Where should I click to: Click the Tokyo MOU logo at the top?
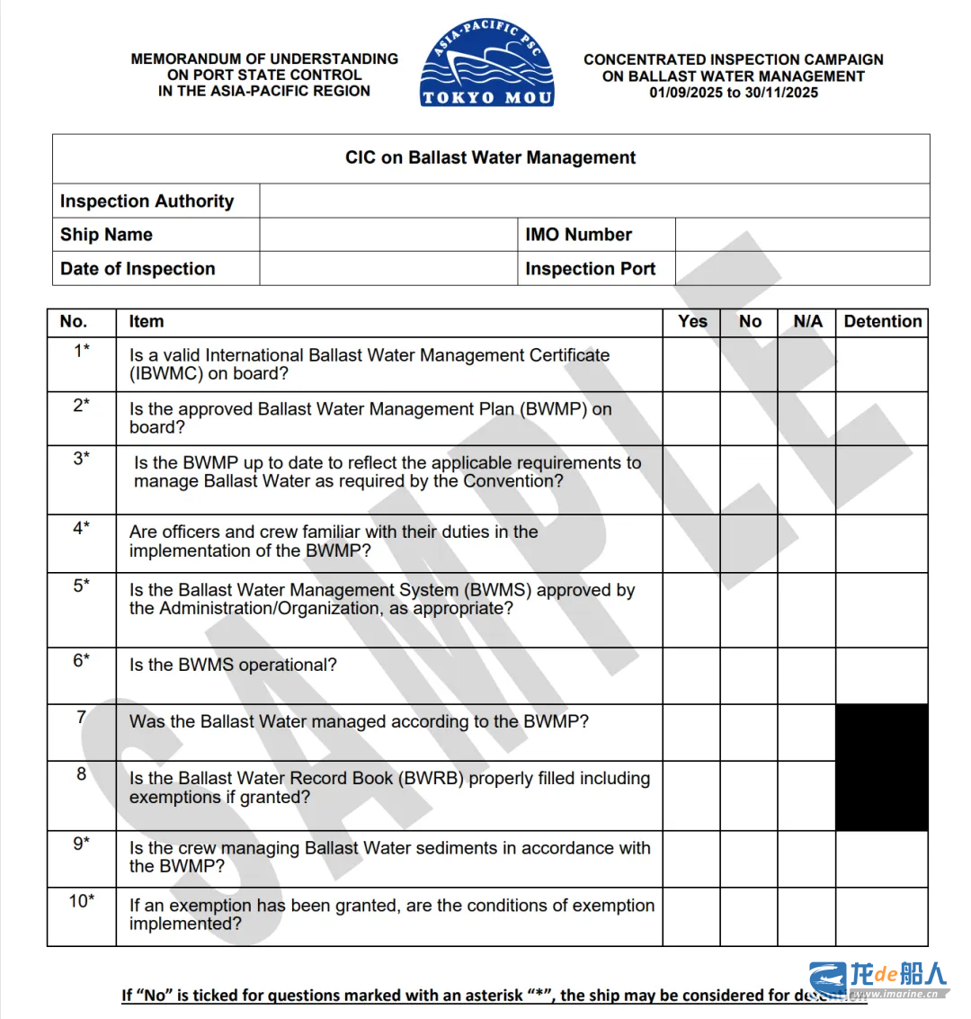(x=487, y=63)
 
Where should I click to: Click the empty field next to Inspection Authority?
(x=594, y=201)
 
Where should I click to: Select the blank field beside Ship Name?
(x=388, y=235)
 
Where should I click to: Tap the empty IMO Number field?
(x=802, y=235)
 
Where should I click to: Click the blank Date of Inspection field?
(x=388, y=269)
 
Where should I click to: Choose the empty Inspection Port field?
(x=802, y=269)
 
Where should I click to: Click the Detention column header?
(x=882, y=322)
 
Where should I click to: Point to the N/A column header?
(x=807, y=322)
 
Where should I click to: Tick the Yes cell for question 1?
(x=691, y=364)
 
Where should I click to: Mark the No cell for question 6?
(x=749, y=675)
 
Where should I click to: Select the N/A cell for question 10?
(x=806, y=916)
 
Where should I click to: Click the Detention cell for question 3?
(x=882, y=480)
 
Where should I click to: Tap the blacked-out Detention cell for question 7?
(x=882, y=732)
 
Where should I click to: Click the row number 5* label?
(x=82, y=586)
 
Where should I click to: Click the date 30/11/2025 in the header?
(x=781, y=93)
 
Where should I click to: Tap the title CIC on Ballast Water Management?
(x=490, y=158)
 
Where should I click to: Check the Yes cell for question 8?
(x=691, y=795)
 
